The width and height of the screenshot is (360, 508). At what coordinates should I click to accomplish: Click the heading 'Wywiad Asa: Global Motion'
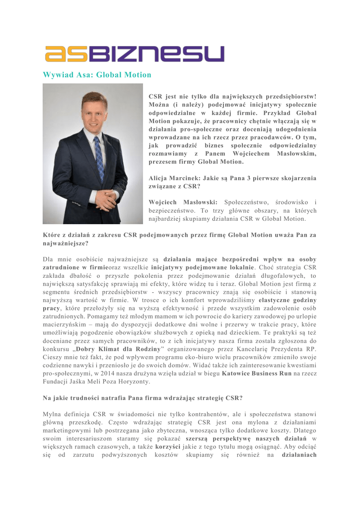pos(97,75)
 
